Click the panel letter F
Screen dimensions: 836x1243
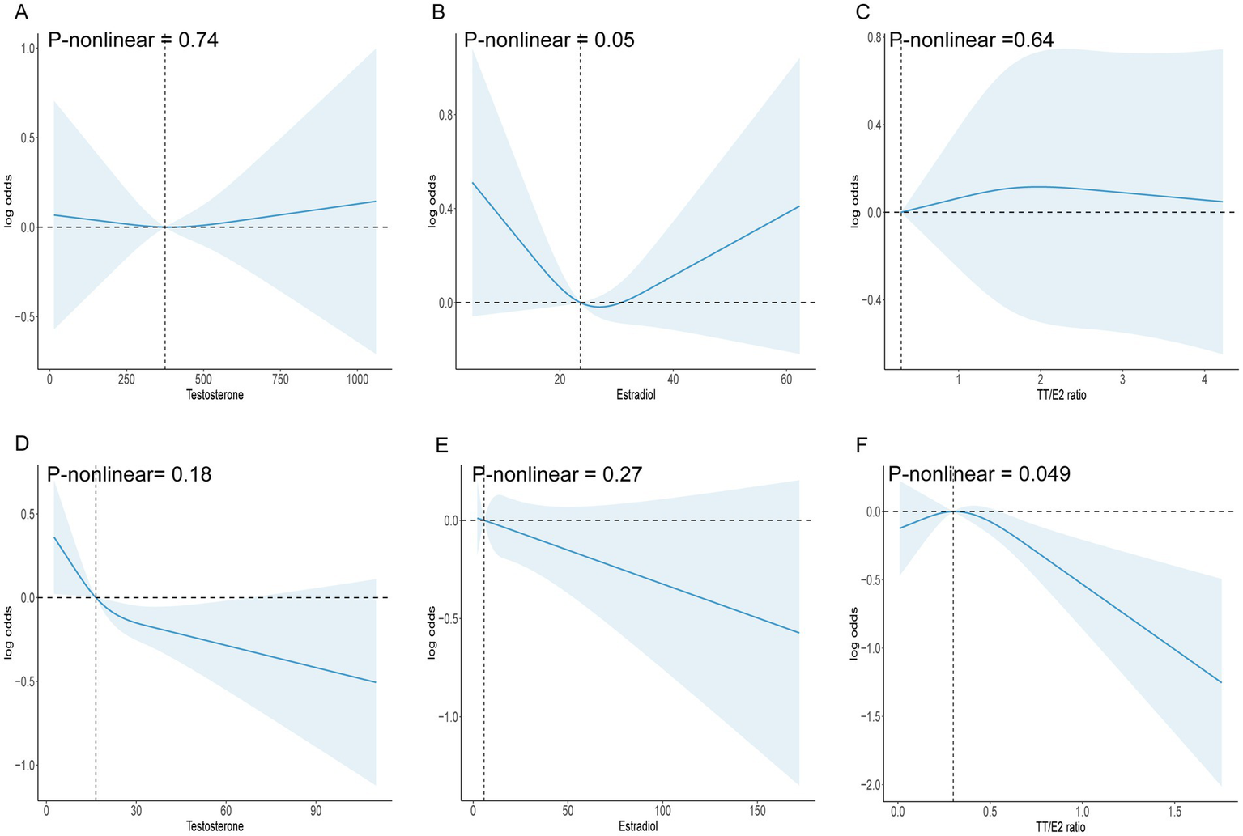[x=862, y=444]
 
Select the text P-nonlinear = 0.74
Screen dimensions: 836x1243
[x=133, y=40]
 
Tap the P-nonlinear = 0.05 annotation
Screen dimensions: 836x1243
[x=549, y=40]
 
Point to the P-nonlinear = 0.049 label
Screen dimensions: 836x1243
[x=979, y=474]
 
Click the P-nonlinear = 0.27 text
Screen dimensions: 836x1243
[x=557, y=474]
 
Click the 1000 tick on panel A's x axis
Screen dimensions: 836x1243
[x=357, y=380]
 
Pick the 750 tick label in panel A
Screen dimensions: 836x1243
[x=280, y=380]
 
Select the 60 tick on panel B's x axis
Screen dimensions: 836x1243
[x=785, y=380]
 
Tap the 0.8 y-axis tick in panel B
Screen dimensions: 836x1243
[x=446, y=115]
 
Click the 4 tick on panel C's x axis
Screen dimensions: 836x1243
[x=1204, y=380]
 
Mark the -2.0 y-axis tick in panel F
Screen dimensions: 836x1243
[x=872, y=785]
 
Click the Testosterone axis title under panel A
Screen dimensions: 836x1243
[x=215, y=395]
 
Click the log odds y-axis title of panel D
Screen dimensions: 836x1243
[x=9, y=632]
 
